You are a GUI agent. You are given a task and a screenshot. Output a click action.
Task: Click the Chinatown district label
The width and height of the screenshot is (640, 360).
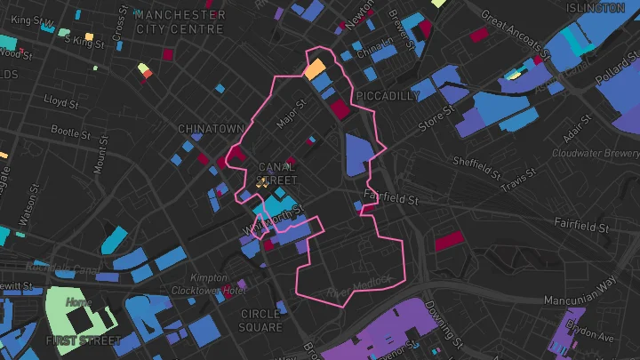211,129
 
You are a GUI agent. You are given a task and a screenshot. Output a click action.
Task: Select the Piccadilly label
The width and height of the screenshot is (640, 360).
387,95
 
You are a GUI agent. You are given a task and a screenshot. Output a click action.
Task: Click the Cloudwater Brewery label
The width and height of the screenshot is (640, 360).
596,153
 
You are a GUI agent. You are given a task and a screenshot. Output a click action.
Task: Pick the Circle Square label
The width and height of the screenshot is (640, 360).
260,320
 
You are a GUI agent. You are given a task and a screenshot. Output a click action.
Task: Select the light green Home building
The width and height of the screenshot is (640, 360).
80,305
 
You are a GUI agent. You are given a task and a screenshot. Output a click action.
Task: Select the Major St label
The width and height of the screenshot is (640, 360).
291,112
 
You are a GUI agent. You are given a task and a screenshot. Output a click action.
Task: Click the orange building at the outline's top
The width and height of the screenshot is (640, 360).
315,68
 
